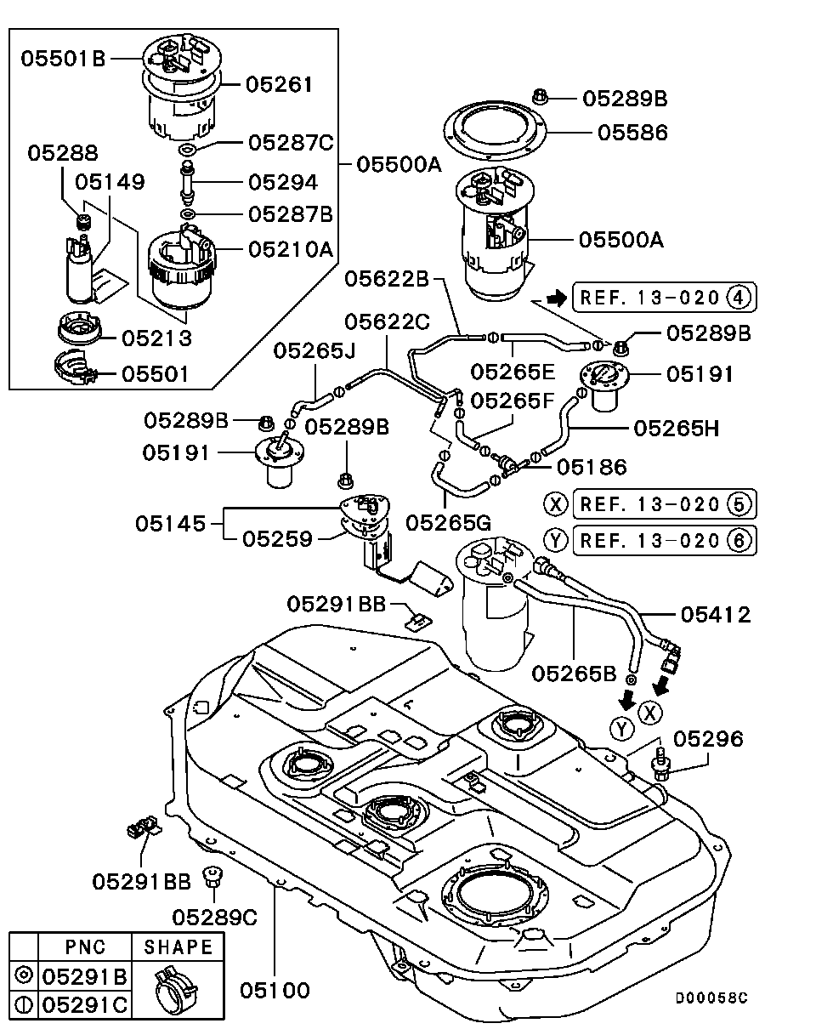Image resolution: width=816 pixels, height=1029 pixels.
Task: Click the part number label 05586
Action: coord(632,133)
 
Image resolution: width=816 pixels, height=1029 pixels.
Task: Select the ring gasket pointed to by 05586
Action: coord(496,130)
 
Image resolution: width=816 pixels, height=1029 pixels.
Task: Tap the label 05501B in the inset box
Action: coord(63,59)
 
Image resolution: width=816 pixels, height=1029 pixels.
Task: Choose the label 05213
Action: coord(156,338)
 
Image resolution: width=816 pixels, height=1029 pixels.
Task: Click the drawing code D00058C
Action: coord(711,998)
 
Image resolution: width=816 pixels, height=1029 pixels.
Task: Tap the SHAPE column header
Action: coord(178,947)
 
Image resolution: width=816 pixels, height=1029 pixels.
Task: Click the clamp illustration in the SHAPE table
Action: coord(177,989)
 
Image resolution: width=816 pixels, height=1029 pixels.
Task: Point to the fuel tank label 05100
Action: coord(274,990)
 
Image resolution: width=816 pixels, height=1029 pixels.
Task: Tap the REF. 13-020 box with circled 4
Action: coord(663,298)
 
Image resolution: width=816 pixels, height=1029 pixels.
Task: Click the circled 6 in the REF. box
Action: coord(739,539)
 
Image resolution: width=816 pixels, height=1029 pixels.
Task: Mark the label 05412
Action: coord(715,614)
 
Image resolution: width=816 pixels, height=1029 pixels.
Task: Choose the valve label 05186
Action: coord(592,466)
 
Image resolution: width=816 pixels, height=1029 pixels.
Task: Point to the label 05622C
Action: coord(388,321)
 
